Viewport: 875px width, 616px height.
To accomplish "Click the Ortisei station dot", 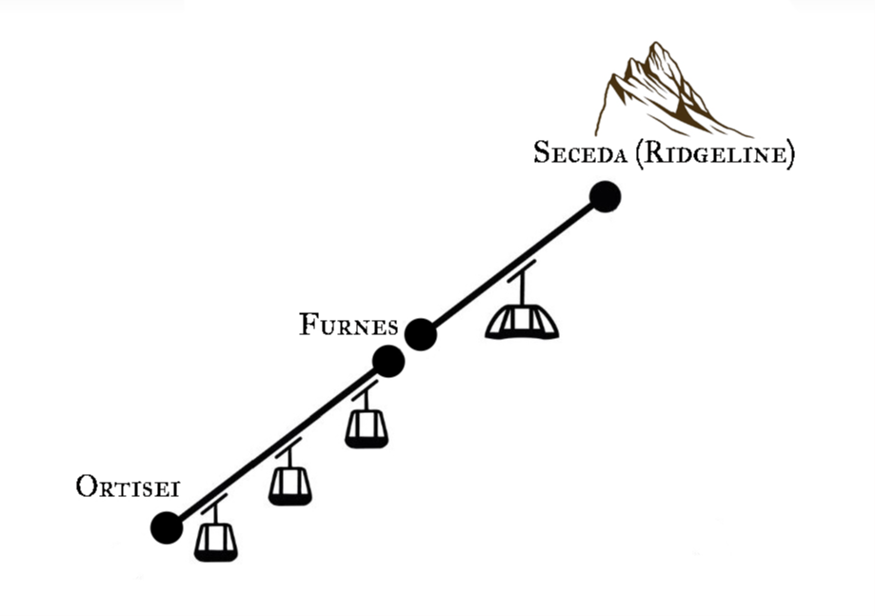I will [167, 527].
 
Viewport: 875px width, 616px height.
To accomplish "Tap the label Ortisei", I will [128, 487].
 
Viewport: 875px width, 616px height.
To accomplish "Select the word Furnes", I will [348, 326].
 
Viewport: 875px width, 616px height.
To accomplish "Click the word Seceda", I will [578, 152].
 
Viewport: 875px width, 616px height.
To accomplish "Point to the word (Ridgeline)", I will [713, 153].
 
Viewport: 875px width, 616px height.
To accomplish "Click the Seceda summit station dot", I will [605, 197].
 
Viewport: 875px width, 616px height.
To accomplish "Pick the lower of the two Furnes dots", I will [388, 361].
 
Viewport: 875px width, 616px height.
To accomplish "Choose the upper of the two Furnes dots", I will [420, 335].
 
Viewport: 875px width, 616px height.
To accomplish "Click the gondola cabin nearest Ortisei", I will [216, 541].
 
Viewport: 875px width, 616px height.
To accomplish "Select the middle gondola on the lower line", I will [289, 485].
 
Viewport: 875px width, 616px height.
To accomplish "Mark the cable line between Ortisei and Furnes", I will [276, 445].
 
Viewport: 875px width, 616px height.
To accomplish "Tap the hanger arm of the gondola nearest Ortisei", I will [215, 511].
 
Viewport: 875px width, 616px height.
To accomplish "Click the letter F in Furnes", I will [309, 326].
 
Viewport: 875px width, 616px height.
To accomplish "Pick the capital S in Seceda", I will [541, 152].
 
